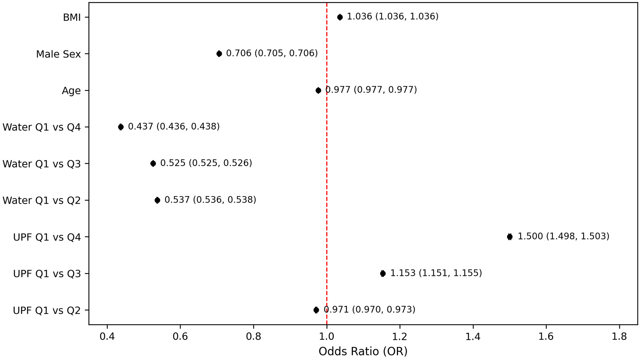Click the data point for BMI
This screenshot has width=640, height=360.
(x=340, y=17)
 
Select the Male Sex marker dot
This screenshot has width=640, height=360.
(x=219, y=54)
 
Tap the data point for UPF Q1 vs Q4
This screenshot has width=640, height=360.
(x=510, y=237)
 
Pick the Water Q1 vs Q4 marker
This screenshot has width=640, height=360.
(x=121, y=127)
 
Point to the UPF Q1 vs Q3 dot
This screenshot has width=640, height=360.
(x=383, y=273)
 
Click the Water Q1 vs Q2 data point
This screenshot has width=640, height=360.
(x=157, y=200)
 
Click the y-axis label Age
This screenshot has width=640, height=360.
(x=71, y=91)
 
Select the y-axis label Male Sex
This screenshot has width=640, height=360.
(x=58, y=54)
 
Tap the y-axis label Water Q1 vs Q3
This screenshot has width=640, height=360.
(x=42, y=164)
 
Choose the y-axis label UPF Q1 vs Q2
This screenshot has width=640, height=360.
(x=47, y=310)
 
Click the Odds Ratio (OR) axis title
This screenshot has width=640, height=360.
(x=363, y=351)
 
